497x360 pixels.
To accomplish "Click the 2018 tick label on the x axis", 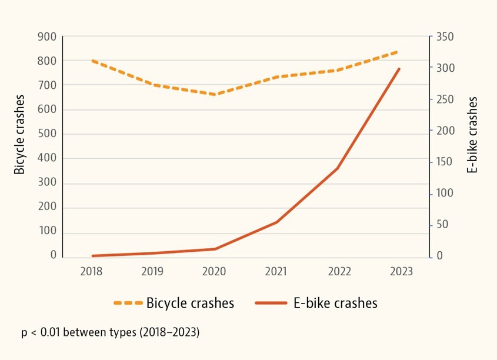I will click(91, 271).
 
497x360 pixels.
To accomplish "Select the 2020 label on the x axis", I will click(214, 271).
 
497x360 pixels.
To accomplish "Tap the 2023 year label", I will click(401, 271).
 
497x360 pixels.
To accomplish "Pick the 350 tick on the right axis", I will click(445, 36).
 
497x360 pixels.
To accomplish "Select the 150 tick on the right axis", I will click(445, 162).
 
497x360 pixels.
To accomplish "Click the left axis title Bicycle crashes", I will click(20, 134).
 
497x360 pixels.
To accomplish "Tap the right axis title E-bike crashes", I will click(472, 135).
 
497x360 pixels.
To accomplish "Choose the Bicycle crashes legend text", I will click(190, 303).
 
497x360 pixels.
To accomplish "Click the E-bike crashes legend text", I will click(335, 303).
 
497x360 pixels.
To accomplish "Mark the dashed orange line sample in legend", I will click(128, 303).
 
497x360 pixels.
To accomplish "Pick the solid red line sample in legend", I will click(271, 303).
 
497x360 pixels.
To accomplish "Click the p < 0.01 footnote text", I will click(111, 332).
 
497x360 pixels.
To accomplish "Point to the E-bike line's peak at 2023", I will click(399, 69).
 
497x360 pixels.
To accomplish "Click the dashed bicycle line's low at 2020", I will click(215, 94).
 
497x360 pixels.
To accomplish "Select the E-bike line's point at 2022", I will click(338, 168).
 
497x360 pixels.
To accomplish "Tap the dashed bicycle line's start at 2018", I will click(92, 61).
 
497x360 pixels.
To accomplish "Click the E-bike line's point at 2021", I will click(276, 222).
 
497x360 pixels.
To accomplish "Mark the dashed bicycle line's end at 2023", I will click(399, 51).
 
